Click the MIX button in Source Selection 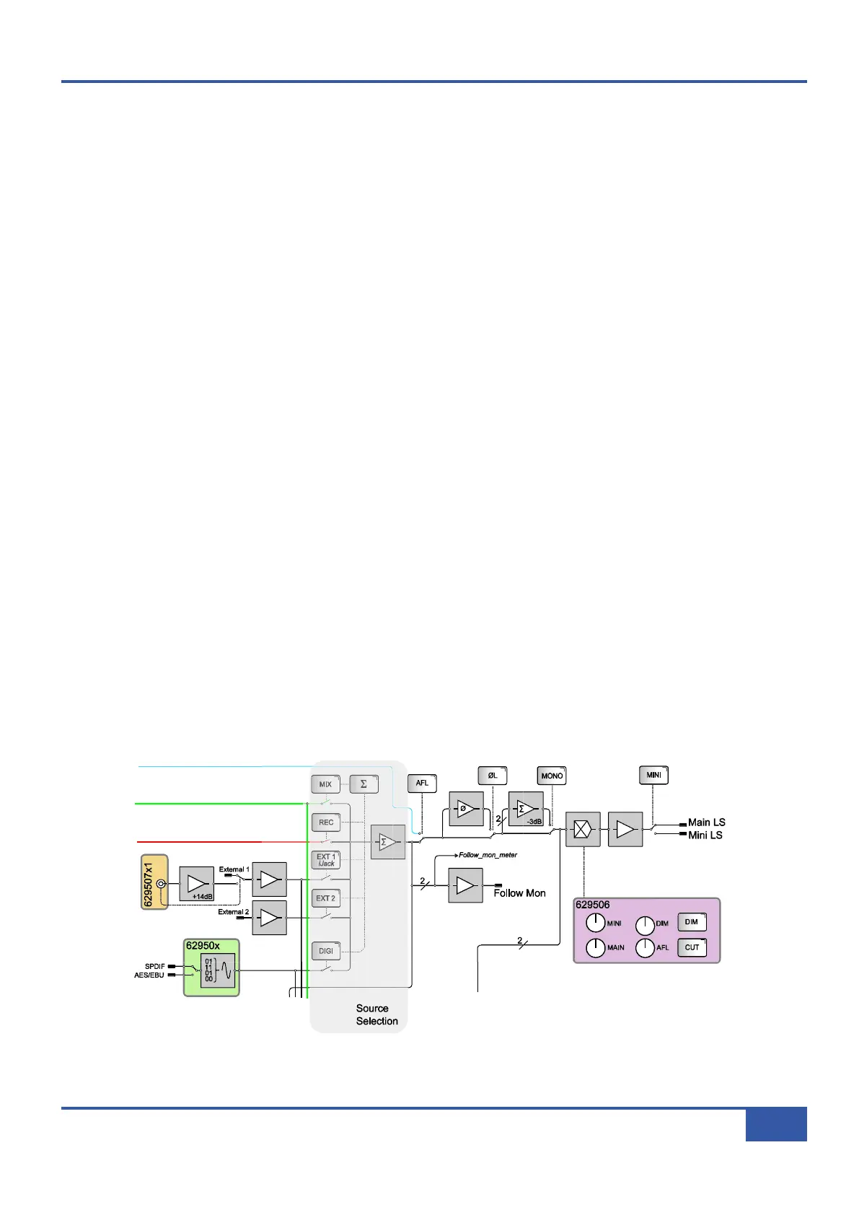[x=325, y=784]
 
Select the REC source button [x=326, y=823]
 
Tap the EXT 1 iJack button [x=326, y=860]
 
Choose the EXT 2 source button [x=326, y=898]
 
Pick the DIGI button [x=326, y=951]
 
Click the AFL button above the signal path [x=422, y=783]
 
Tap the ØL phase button [x=493, y=776]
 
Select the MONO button [x=552, y=776]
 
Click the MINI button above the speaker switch [x=653, y=775]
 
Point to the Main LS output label [x=706, y=823]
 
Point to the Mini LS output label [x=705, y=835]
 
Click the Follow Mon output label [x=519, y=893]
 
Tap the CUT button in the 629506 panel [x=692, y=947]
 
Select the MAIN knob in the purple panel [x=596, y=947]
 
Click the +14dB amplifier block [x=196, y=884]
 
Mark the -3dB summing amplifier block [x=526, y=810]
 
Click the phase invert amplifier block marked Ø [x=466, y=809]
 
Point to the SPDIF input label [x=154, y=966]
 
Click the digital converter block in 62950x [x=218, y=970]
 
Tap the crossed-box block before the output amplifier [x=583, y=830]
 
